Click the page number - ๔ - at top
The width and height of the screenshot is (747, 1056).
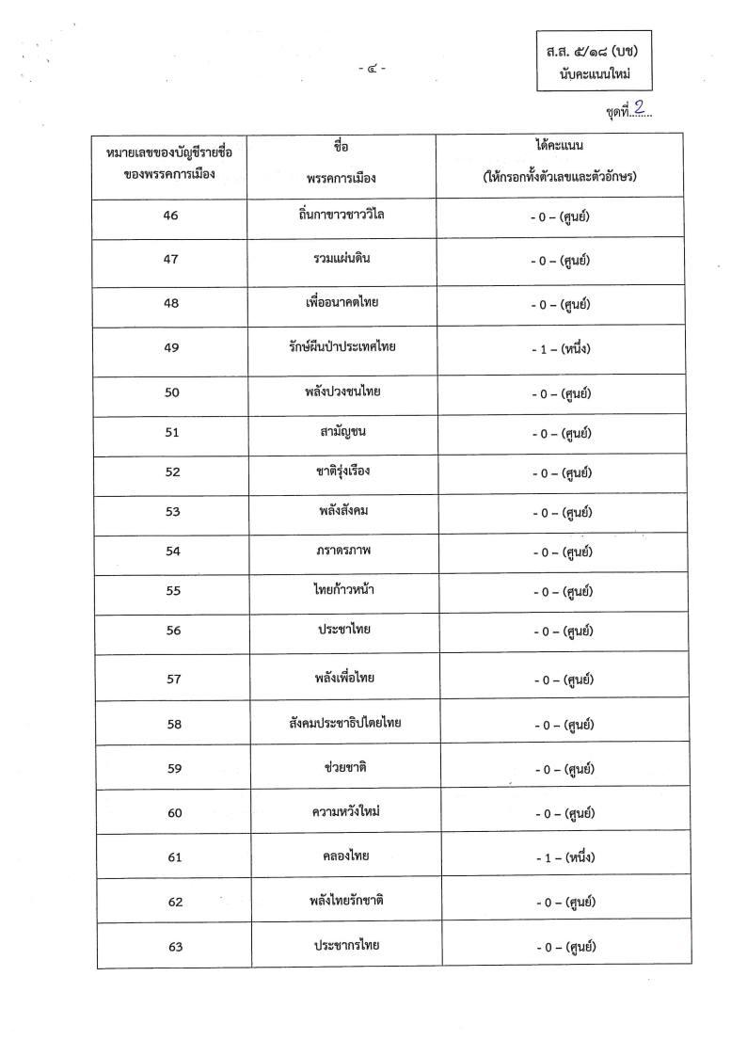coord(372,67)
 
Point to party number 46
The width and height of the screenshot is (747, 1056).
coord(171,216)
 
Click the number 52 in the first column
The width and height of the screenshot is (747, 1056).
coord(172,472)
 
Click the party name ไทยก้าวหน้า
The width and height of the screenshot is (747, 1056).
coord(344,590)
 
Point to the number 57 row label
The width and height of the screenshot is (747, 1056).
coord(173,678)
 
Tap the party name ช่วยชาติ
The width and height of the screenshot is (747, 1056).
coord(343,768)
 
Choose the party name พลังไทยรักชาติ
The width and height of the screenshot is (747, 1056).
coord(342,901)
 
